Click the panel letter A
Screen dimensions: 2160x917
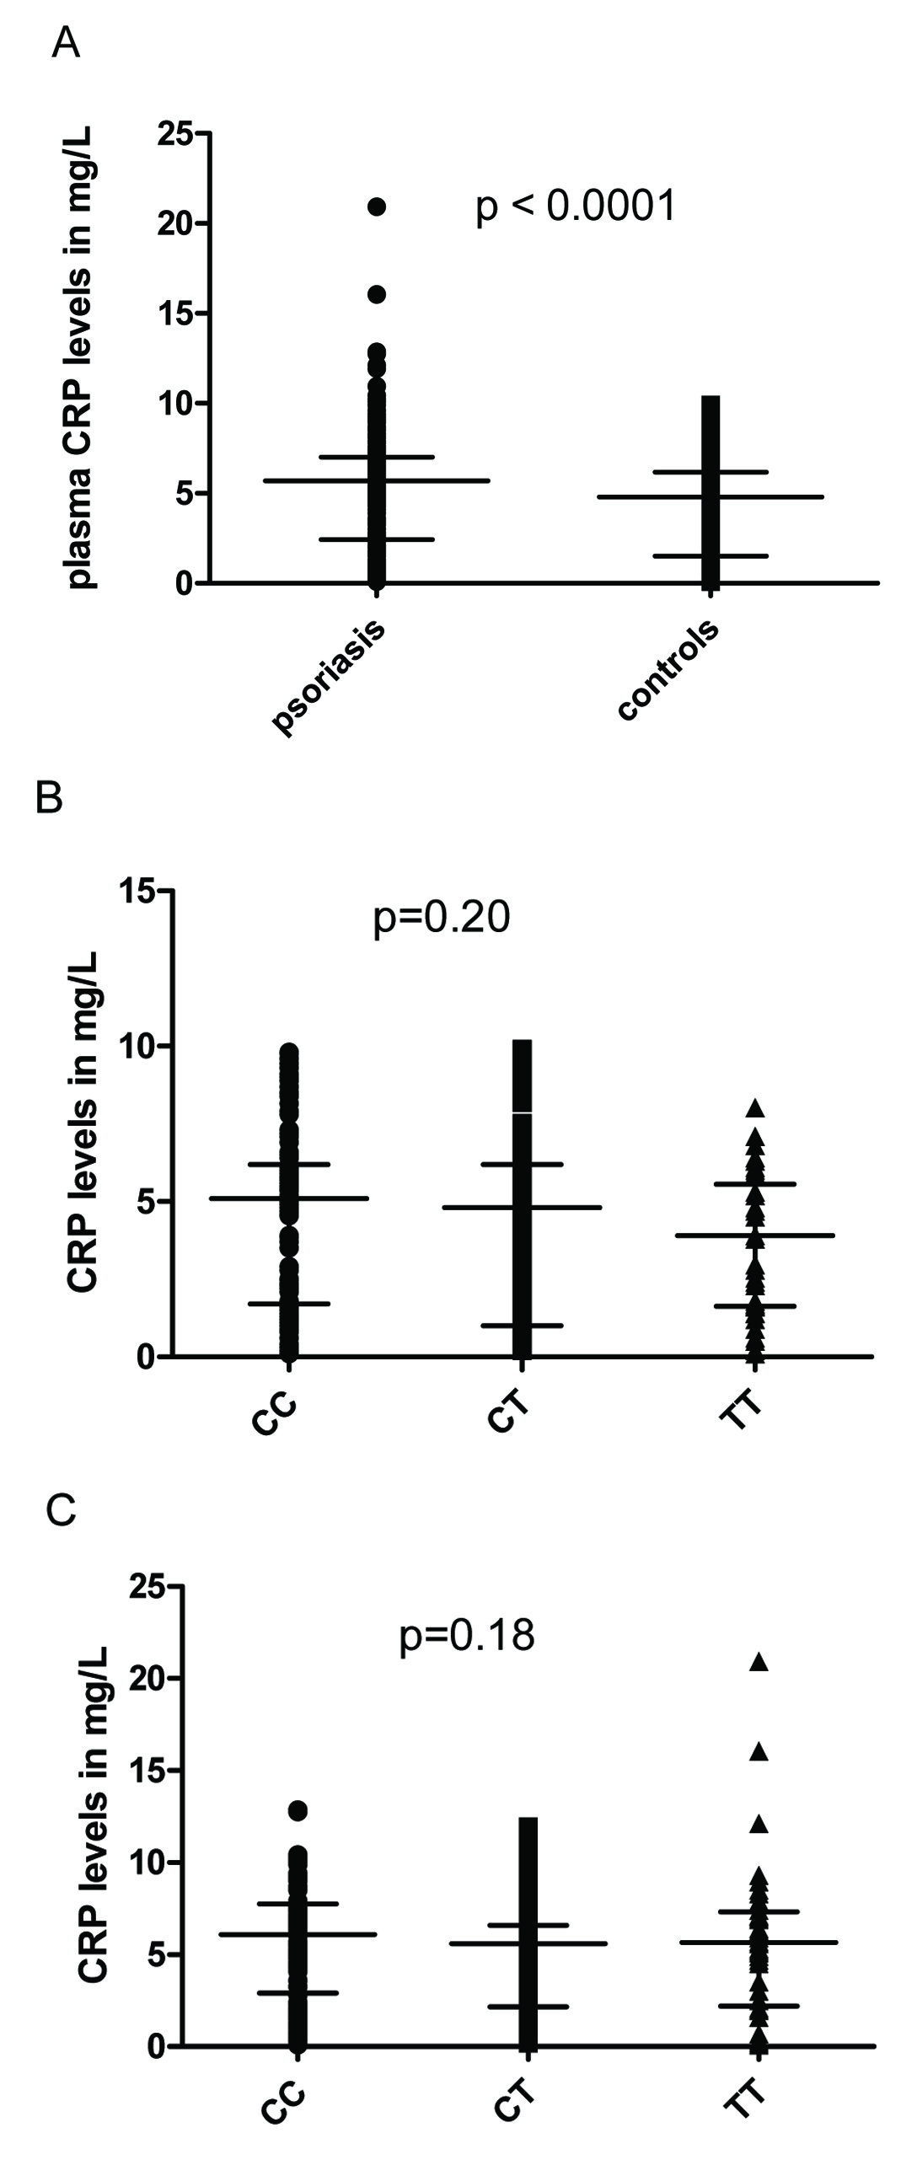66,43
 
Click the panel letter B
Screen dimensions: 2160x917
50,797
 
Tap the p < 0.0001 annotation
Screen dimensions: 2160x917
576,206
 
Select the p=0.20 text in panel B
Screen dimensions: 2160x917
442,918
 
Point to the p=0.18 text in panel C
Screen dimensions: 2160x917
467,1635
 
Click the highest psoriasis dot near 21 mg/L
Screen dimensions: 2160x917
376,206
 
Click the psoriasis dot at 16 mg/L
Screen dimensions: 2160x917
376,294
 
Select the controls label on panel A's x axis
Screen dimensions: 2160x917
668,670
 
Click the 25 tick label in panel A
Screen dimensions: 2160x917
174,134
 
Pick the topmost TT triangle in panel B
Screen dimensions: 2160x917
755,1108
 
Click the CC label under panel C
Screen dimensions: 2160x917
281,2127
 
